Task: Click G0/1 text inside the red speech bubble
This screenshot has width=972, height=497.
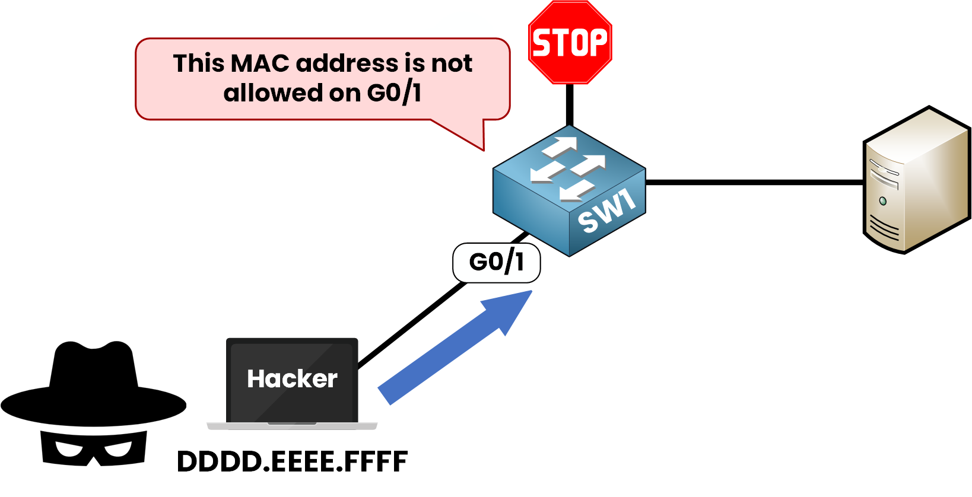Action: click(394, 93)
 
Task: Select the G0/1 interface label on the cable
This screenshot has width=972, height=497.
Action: click(496, 262)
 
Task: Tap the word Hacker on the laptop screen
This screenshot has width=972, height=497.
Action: click(292, 379)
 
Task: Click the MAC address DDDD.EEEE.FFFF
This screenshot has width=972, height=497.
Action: click(292, 461)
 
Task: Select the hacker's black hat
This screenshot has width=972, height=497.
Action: click(94, 386)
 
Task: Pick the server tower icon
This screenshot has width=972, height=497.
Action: click(915, 181)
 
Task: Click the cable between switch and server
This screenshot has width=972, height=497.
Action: click(754, 182)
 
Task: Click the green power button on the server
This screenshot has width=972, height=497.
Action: click(883, 201)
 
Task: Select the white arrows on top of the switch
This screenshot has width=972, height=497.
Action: click(567, 168)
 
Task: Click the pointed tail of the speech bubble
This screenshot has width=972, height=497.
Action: click(475, 139)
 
